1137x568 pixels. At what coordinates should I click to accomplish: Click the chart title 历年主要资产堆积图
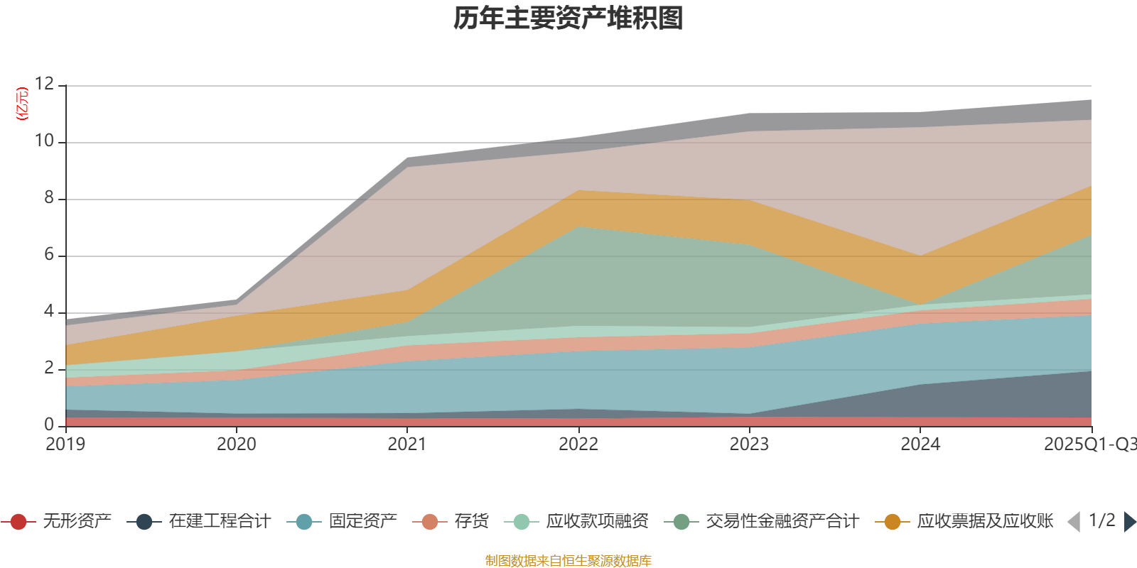pyautogui.click(x=568, y=18)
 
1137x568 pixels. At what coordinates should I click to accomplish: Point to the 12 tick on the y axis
pyautogui.click(x=44, y=84)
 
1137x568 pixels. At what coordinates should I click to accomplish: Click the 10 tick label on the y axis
pyautogui.click(x=44, y=141)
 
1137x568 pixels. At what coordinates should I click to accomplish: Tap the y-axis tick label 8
pyautogui.click(x=49, y=197)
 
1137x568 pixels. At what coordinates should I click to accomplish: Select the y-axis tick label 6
pyautogui.click(x=49, y=254)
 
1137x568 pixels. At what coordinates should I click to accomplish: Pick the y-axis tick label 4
pyautogui.click(x=49, y=311)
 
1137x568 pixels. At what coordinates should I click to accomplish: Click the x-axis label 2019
pyautogui.click(x=65, y=444)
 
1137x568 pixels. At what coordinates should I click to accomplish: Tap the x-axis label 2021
pyautogui.click(x=407, y=444)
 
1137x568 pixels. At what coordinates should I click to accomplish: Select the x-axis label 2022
pyautogui.click(x=578, y=444)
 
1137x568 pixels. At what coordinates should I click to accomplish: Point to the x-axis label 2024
pyautogui.click(x=920, y=444)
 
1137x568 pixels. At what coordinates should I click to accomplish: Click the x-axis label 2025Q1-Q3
pyautogui.click(x=1089, y=444)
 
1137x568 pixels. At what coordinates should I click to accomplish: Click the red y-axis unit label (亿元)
pyautogui.click(x=22, y=104)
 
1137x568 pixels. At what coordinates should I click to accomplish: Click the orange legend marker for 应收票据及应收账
pyautogui.click(x=892, y=522)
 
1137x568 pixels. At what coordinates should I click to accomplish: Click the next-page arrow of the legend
pyautogui.click(x=1129, y=522)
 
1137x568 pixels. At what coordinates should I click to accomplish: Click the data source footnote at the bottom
pyautogui.click(x=568, y=561)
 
